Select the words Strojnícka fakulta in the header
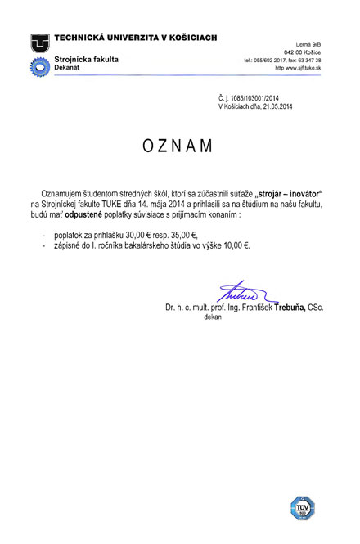click(x=86, y=60)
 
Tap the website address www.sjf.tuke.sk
click(x=298, y=70)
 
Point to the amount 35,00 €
click(x=179, y=233)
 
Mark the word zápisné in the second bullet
click(x=68, y=245)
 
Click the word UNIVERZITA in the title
click(x=145, y=38)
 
